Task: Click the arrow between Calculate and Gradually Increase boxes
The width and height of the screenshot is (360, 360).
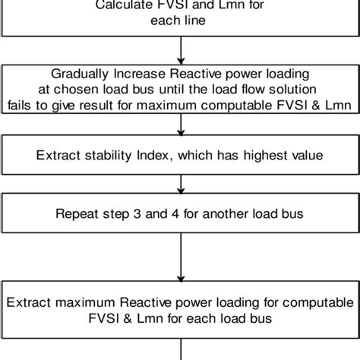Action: coord(180,49)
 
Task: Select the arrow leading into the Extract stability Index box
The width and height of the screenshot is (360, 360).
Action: coord(180,127)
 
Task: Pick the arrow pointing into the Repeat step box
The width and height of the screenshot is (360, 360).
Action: coord(180,185)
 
